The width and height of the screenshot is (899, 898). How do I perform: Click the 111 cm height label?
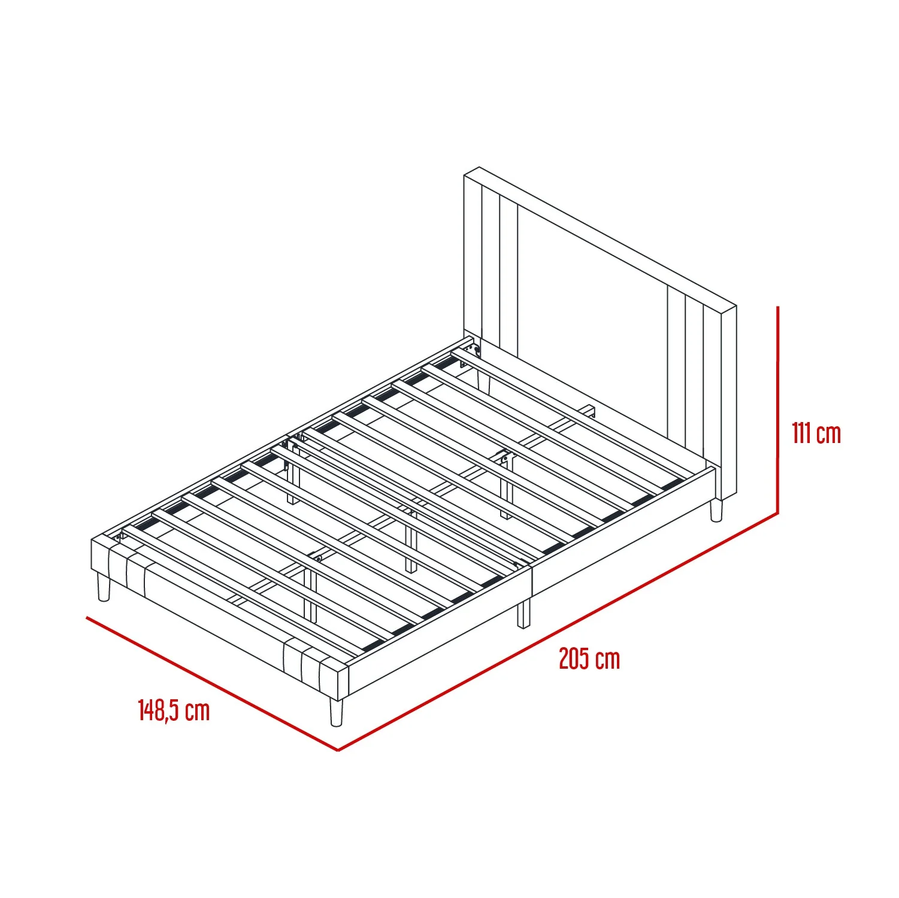pyautogui.click(x=816, y=433)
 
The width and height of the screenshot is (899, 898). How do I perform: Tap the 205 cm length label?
pyautogui.click(x=589, y=659)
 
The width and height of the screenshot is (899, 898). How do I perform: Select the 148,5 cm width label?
pyautogui.click(x=174, y=710)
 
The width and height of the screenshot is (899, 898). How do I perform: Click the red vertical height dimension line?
pyautogui.click(x=777, y=410)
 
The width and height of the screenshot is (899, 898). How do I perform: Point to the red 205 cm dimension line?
pyautogui.click(x=558, y=632)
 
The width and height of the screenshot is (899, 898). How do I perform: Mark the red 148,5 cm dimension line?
pyautogui.click(x=213, y=684)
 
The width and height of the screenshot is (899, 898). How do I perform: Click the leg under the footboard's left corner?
pyautogui.click(x=104, y=586)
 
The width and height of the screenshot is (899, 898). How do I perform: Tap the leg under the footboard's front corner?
pyautogui.click(x=336, y=712)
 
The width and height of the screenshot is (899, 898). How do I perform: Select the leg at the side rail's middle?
pyautogui.click(x=524, y=614)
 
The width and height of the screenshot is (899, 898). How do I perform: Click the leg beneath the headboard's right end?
pyautogui.click(x=716, y=509)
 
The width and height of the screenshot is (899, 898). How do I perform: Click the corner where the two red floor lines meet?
pyautogui.click(x=338, y=751)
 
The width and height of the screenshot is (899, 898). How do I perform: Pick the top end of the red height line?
pyautogui.click(x=777, y=307)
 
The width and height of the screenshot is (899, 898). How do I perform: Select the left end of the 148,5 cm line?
pyautogui.click(x=87, y=617)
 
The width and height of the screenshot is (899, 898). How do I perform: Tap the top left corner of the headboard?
pyautogui.click(x=464, y=175)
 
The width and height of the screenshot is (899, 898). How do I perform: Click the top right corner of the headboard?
pyautogui.click(x=735, y=307)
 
